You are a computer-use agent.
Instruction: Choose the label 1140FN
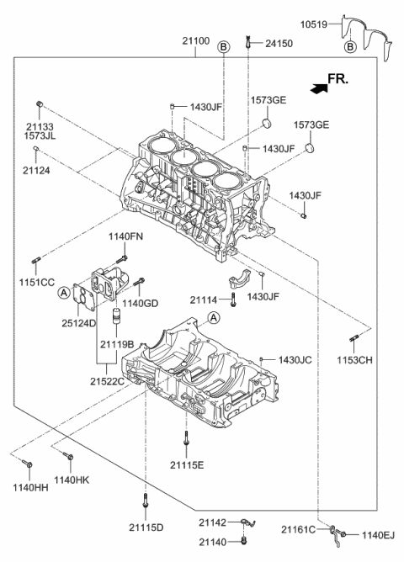point(125,237)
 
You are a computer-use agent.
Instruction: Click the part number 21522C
point(107,381)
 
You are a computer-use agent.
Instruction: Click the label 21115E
point(185,464)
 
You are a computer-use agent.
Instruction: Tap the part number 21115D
point(146,528)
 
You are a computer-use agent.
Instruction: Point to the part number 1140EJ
point(379,533)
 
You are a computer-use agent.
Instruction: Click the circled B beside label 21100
point(223,47)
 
